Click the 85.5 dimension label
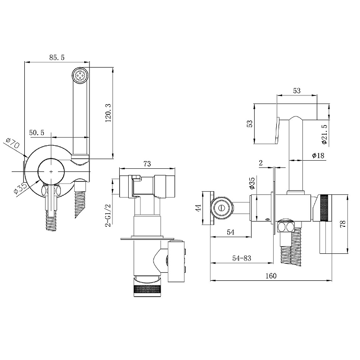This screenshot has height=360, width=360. pos(57,58)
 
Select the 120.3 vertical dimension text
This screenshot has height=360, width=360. pos(108,112)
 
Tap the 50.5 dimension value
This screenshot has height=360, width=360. pos(37,133)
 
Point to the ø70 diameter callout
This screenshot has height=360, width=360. pos(13,143)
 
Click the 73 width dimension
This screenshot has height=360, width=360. pos(147,164)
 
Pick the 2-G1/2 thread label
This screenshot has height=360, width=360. pos(108,216)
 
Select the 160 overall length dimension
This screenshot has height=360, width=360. pos(271,276)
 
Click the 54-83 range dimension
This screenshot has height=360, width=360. pos(242,258)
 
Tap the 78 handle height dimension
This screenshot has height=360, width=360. pos(342,224)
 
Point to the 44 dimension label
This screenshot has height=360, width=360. pos(199,208)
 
